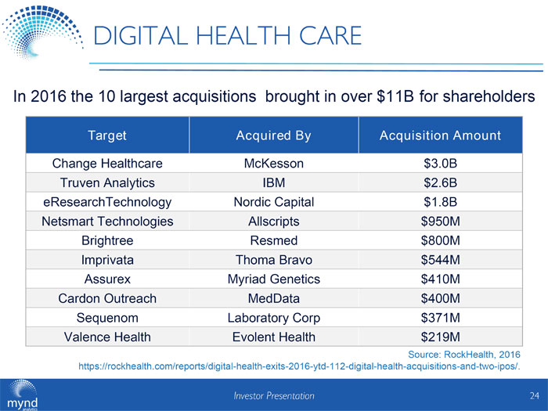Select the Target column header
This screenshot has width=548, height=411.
(107, 135)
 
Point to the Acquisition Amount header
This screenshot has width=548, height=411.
(440, 135)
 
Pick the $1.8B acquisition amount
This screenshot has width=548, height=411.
(439, 202)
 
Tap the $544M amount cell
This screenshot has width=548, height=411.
(439, 260)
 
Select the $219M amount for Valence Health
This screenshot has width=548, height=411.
(439, 337)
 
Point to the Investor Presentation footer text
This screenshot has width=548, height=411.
(274, 395)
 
